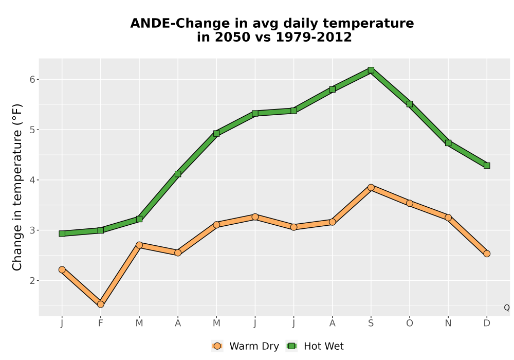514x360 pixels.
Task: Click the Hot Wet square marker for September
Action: tap(371, 70)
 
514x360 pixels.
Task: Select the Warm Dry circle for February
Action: tap(101, 304)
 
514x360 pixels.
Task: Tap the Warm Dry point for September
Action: tap(371, 188)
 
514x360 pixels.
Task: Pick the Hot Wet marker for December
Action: tap(487, 166)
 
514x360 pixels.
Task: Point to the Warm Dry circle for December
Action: tap(487, 254)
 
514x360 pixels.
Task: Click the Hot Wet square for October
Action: tap(410, 104)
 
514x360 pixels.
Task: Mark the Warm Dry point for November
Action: tap(448, 218)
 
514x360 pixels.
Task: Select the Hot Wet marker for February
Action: tap(101, 230)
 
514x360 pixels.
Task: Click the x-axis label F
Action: tap(101, 323)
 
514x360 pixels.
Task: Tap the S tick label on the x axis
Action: tap(371, 323)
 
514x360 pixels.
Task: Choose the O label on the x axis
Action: tap(410, 323)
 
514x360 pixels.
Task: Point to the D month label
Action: tap(487, 323)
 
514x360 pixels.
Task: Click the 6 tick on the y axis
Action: tap(32, 79)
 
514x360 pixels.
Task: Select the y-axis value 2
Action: tap(32, 281)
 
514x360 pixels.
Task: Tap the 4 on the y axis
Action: tap(32, 180)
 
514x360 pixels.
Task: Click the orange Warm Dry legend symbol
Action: tap(217, 346)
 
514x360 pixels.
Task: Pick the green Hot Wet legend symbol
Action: tap(291, 346)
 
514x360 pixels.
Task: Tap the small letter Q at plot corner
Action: tap(507, 308)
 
